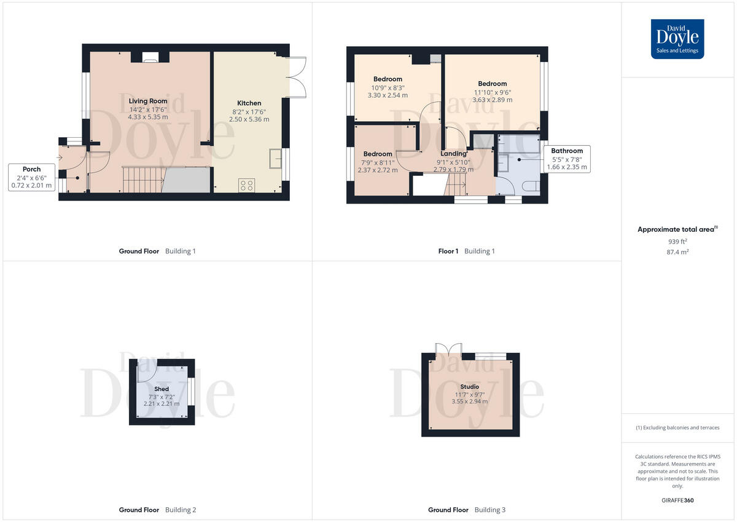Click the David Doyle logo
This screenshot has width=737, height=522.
(677, 39)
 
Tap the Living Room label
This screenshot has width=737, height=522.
(147, 101)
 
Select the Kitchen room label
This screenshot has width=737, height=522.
(249, 103)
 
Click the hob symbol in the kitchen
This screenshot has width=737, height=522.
(247, 184)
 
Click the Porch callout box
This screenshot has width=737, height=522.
(31, 177)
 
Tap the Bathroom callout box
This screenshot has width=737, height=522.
(566, 159)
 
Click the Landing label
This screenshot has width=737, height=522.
(453, 154)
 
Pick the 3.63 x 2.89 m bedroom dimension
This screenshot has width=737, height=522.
(492, 100)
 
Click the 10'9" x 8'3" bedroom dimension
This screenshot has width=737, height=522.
(388, 87)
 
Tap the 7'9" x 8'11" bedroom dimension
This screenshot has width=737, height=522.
(377, 162)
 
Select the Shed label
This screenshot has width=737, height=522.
(162, 389)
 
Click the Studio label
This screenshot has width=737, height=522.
(470, 387)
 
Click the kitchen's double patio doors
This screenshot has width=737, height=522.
(297, 77)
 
